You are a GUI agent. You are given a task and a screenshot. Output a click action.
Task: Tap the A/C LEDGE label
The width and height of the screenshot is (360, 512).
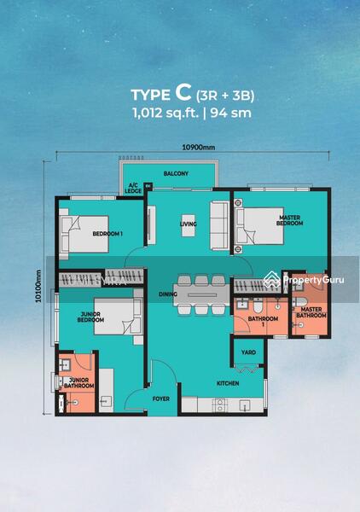133,189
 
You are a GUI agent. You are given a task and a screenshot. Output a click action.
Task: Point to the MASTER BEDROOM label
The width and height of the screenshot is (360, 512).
291,220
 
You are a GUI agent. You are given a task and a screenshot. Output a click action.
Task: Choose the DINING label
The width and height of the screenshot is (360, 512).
167,295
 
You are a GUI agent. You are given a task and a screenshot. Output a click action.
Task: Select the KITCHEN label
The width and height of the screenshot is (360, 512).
227,384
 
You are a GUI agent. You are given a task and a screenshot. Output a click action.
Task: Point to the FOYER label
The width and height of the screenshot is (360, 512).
161,398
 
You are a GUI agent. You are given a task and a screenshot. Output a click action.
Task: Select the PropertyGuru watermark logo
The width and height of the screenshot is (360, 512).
305,279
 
